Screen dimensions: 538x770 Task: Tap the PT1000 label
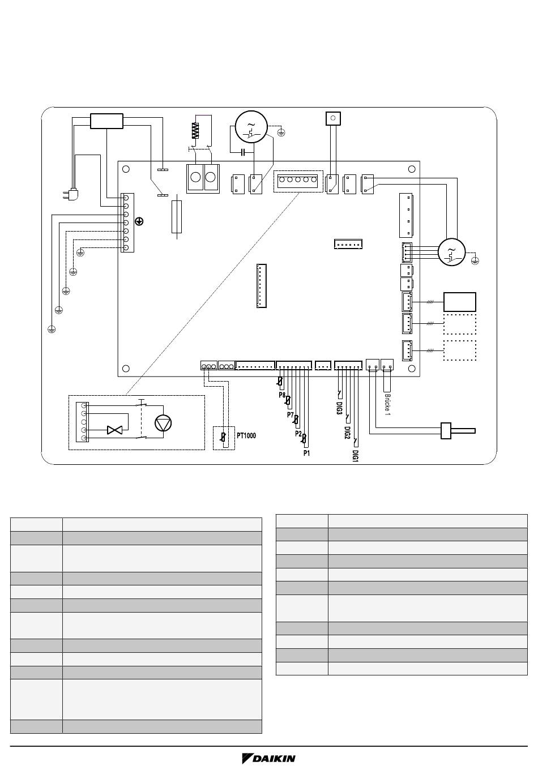[x=246, y=435]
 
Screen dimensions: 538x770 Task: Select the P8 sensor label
[x=282, y=395]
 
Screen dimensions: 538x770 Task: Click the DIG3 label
[x=339, y=408]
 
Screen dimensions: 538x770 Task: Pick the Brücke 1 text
[x=387, y=404]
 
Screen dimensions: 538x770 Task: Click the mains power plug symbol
[x=71, y=195]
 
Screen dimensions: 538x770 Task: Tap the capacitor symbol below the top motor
[x=243, y=152]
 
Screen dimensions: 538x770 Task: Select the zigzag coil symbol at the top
[x=195, y=131]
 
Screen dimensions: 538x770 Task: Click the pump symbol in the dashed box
[x=163, y=423]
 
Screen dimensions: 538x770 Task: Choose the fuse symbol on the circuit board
[x=176, y=216]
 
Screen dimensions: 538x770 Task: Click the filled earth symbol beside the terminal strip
[x=139, y=221]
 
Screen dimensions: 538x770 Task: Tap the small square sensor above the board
[x=333, y=118]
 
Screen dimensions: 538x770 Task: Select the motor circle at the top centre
[x=251, y=127]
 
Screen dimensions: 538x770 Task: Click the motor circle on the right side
[x=451, y=252]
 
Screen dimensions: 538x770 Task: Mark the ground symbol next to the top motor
[x=281, y=132]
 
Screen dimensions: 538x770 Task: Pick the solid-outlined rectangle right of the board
[x=460, y=302]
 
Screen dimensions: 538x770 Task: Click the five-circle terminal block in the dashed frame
[x=298, y=179]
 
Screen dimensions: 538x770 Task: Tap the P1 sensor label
[x=306, y=453]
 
